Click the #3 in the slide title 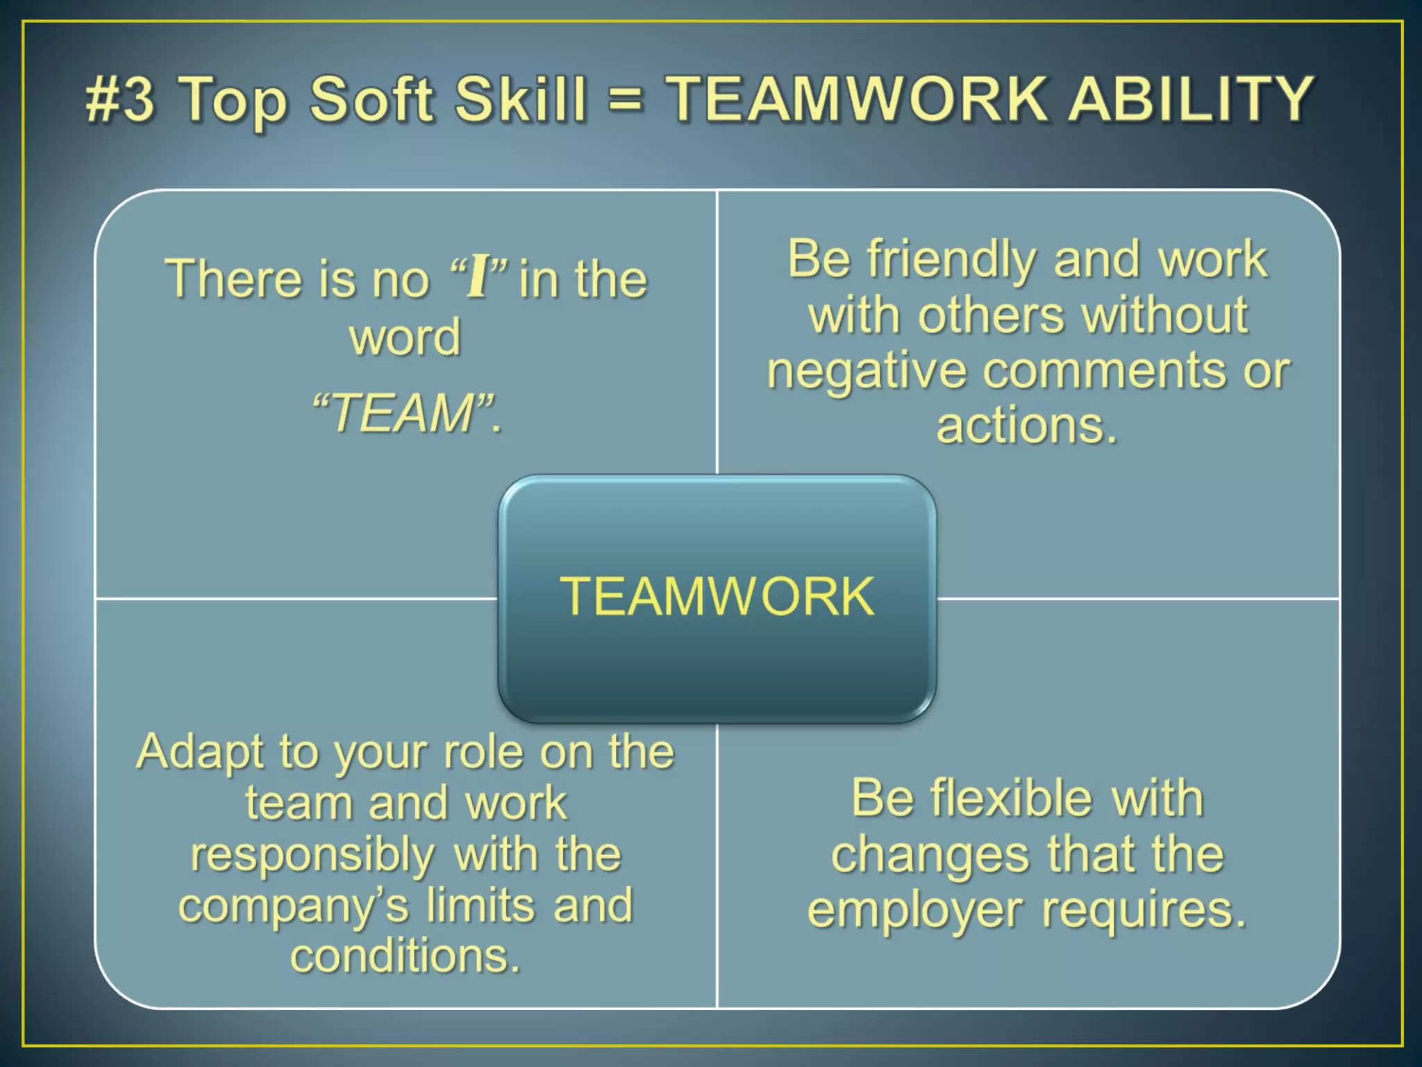119,99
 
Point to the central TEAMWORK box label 717,597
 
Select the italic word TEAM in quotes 403,413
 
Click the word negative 866,372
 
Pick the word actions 1026,425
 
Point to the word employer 915,911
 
